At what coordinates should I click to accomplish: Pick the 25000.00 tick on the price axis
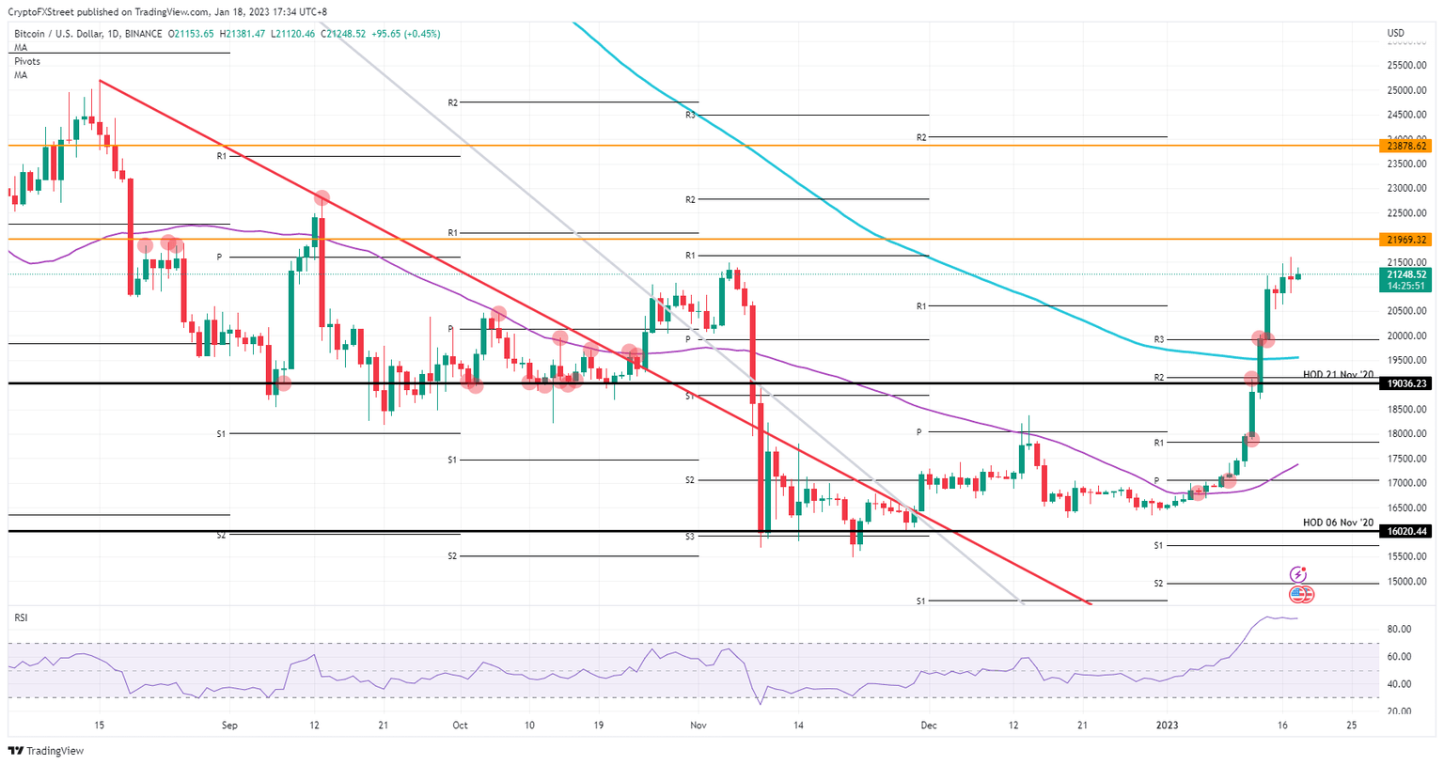point(1406,90)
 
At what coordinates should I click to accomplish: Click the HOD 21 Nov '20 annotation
point(1338,375)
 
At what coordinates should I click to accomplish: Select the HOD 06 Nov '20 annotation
point(1338,523)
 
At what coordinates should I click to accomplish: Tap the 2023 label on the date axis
point(1167,726)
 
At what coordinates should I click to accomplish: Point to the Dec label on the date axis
point(929,726)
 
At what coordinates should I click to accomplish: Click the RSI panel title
point(21,617)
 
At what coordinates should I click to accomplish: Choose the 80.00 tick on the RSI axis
point(1398,630)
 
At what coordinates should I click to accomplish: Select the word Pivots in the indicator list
point(27,61)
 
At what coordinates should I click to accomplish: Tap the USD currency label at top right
point(1395,34)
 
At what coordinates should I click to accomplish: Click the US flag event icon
point(1300,594)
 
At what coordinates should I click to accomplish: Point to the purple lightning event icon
point(1298,574)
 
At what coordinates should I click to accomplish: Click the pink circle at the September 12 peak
point(322,198)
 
